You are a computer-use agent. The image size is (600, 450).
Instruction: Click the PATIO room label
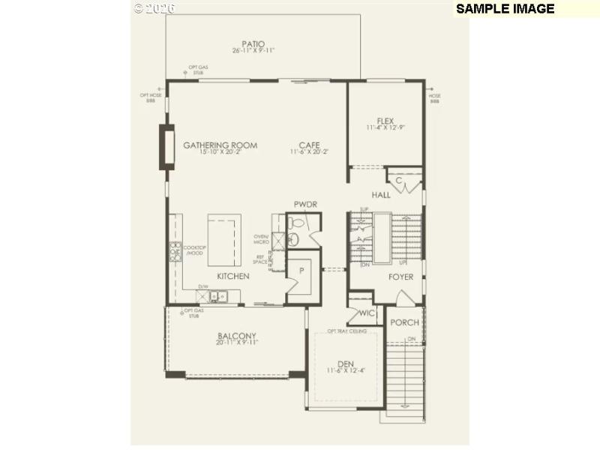(253, 44)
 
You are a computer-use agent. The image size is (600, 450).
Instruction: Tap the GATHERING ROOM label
(220, 145)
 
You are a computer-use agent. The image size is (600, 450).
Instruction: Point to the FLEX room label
(385, 121)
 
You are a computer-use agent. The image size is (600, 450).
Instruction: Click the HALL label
(381, 195)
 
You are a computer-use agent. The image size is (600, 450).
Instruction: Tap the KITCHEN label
(233, 277)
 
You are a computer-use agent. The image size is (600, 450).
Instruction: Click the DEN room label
(345, 364)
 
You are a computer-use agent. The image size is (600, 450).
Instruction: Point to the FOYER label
(400, 277)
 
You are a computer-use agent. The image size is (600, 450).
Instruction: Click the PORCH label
(405, 322)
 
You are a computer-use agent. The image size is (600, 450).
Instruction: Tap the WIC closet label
(367, 313)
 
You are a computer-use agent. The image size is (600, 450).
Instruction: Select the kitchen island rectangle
(224, 238)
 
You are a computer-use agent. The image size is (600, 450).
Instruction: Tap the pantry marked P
(302, 271)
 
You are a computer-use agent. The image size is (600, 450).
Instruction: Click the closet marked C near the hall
(400, 180)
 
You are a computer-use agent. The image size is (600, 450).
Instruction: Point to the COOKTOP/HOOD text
(194, 250)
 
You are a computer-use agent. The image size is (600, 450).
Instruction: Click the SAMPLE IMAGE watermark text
(505, 9)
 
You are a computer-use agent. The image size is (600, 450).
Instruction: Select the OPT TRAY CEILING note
(347, 331)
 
